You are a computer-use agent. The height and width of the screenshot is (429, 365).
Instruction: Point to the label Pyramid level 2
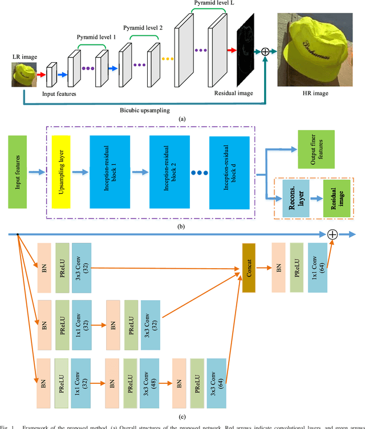coord(144,27)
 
